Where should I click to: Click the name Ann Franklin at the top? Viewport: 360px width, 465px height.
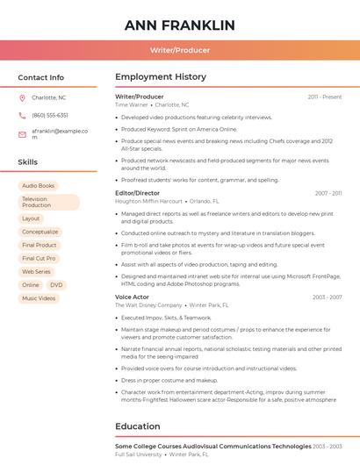coord(180,25)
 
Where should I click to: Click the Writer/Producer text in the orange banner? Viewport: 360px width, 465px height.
coord(180,50)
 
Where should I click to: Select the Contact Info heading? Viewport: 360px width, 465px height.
coord(40,77)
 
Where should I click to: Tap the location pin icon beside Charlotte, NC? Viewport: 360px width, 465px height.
coord(23,97)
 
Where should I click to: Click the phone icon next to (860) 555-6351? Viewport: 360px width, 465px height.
coord(23,115)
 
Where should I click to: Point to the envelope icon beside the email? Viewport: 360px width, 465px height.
coord(23,134)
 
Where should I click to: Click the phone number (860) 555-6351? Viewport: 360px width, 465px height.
coord(50,115)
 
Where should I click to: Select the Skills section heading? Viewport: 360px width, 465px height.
coord(28,162)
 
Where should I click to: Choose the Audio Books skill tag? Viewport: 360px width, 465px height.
coord(38,186)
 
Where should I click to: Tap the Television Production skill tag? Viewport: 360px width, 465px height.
coord(48,202)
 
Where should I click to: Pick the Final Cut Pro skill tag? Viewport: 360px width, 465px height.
coord(39,259)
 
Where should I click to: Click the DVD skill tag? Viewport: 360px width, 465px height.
coord(56,285)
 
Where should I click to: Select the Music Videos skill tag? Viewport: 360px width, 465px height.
coord(39,298)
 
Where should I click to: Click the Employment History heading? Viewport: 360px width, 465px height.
coord(161,77)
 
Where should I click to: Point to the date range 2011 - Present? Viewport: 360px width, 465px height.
coord(324,97)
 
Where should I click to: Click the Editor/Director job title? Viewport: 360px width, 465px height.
coord(138,193)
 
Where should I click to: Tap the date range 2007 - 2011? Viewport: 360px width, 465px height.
coord(328,193)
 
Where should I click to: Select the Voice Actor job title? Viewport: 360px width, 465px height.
coord(132,297)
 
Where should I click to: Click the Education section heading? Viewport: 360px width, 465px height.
coord(138,426)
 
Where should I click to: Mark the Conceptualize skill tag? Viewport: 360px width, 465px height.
coord(40,232)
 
